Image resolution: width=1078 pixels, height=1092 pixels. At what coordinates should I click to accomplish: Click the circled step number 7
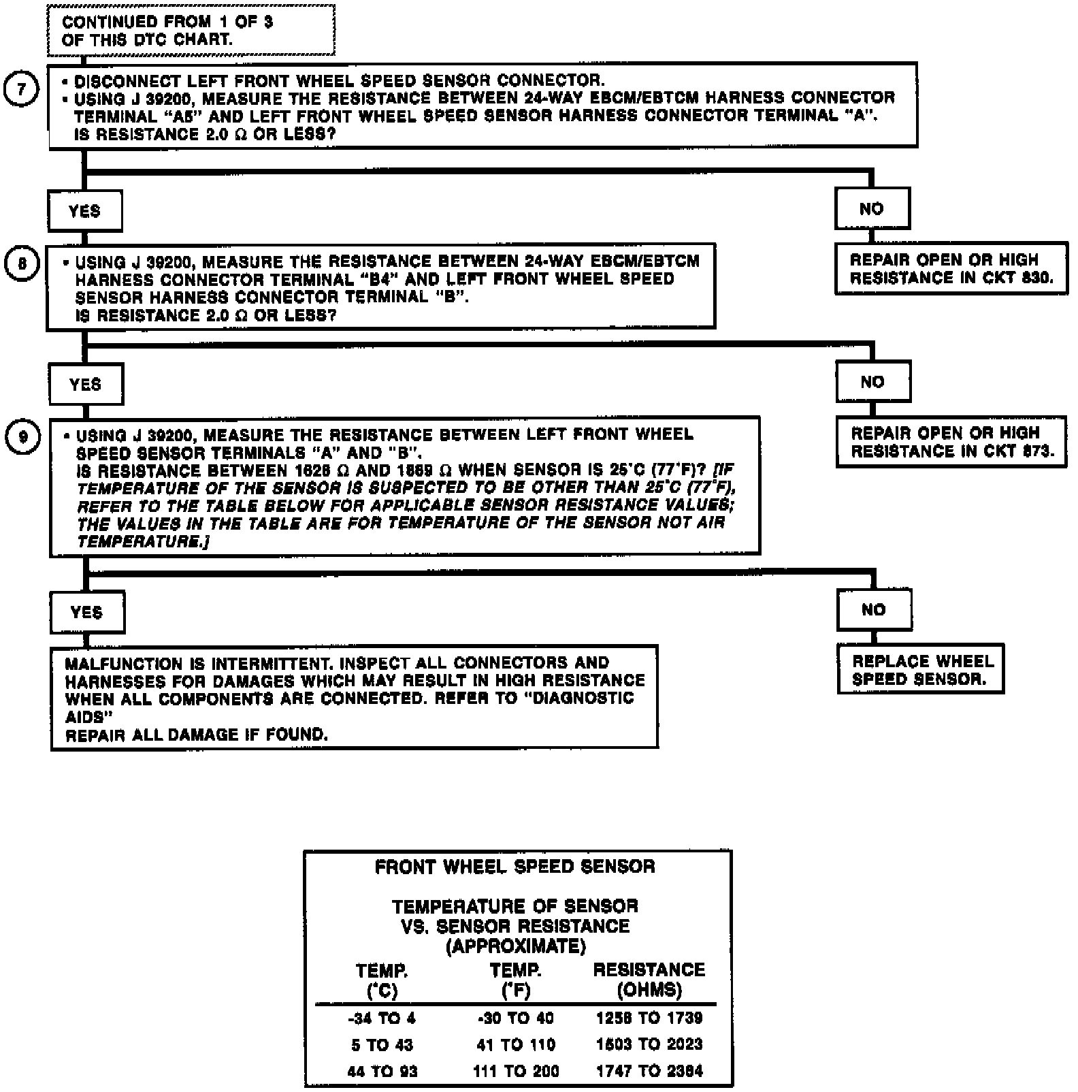click(x=22, y=90)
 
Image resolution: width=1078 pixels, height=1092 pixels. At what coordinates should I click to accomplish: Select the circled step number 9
click(x=23, y=437)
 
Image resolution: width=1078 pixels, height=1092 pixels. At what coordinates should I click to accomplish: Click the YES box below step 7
click(x=84, y=211)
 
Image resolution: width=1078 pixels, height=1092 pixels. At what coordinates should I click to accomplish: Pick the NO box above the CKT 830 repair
click(x=872, y=209)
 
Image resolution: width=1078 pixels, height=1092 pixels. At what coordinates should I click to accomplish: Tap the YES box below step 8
click(x=85, y=385)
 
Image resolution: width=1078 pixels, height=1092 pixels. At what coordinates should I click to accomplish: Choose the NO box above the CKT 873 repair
click(x=872, y=382)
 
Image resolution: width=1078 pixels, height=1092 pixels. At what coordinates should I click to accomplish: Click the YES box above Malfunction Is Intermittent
click(x=86, y=613)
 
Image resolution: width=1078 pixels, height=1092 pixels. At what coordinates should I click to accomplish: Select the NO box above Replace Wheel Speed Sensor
click(x=874, y=610)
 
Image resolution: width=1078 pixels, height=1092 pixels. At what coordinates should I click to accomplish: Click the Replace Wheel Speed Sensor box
click(x=921, y=670)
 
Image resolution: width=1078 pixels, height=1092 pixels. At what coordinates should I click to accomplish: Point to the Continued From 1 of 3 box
click(x=191, y=31)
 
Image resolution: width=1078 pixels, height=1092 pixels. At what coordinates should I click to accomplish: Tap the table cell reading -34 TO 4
click(x=381, y=1018)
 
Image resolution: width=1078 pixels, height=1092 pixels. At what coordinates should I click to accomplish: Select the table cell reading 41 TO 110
click(x=515, y=1045)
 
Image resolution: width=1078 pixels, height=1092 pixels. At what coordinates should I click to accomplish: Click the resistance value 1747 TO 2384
click(x=649, y=1071)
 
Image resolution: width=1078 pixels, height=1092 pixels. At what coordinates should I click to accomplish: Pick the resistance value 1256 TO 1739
click(x=649, y=1018)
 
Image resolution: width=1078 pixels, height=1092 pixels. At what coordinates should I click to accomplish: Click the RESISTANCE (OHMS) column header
click(x=649, y=980)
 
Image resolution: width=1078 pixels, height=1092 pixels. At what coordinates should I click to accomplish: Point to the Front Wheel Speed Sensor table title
click(x=515, y=867)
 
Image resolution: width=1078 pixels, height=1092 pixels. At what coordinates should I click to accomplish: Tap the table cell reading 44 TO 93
click(x=382, y=1072)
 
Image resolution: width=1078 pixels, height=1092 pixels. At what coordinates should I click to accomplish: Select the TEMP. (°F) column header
click(x=516, y=980)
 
